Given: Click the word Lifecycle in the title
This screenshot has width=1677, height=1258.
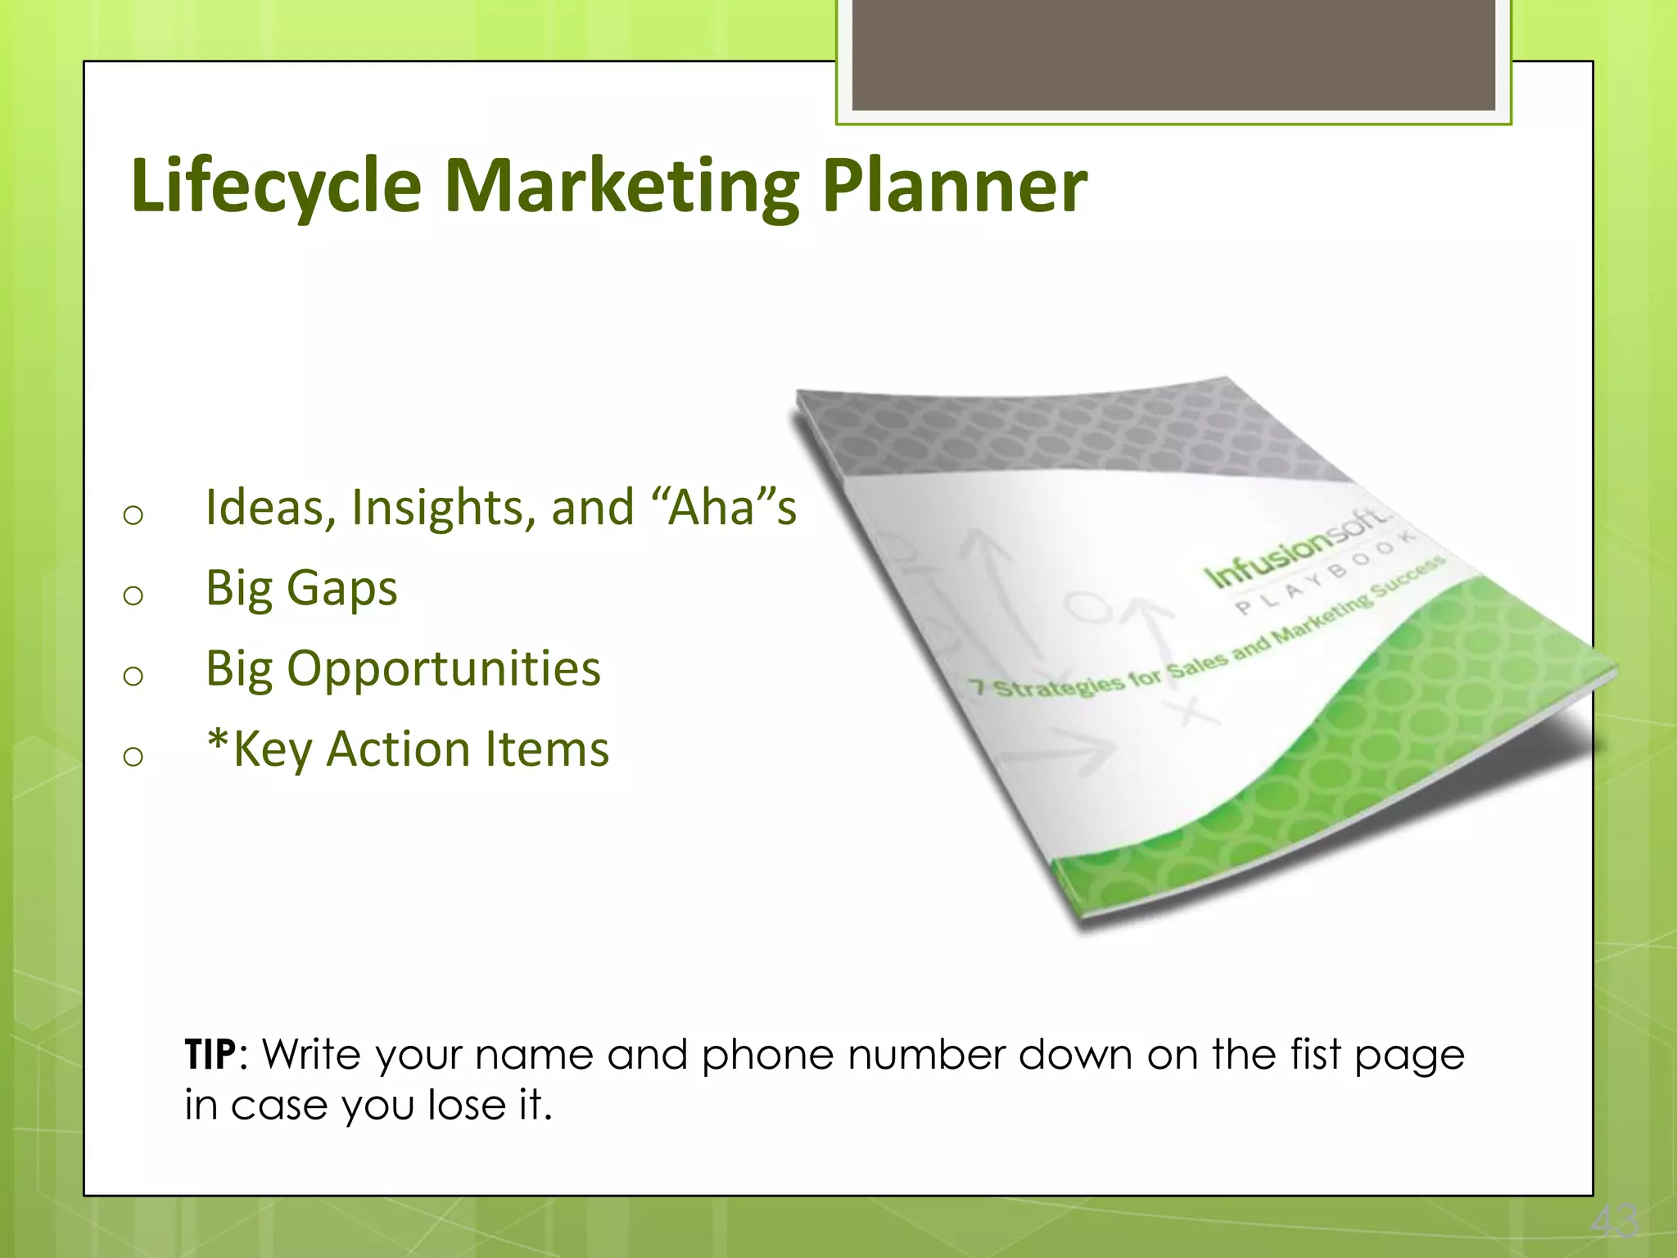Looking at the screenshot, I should click(x=276, y=186).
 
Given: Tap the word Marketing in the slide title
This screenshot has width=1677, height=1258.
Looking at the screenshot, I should click(x=622, y=186).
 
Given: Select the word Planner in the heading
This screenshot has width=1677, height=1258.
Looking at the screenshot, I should click(x=954, y=186).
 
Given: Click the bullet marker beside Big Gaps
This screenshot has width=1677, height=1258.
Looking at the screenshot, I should click(x=133, y=595).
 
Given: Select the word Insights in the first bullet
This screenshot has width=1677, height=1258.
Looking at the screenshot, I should click(x=443, y=508).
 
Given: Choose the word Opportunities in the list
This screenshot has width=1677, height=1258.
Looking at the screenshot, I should click(x=443, y=669).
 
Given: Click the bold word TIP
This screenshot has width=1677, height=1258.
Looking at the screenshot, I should click(x=210, y=1055).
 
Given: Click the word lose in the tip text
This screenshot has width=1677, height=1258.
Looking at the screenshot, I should click(x=467, y=1105).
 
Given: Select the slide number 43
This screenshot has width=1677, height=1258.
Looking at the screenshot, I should click(x=1614, y=1222).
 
